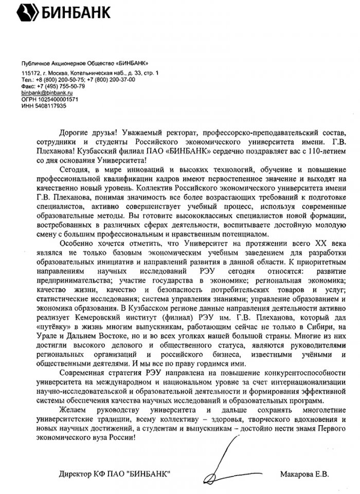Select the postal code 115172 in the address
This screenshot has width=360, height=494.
coord(30,74)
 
